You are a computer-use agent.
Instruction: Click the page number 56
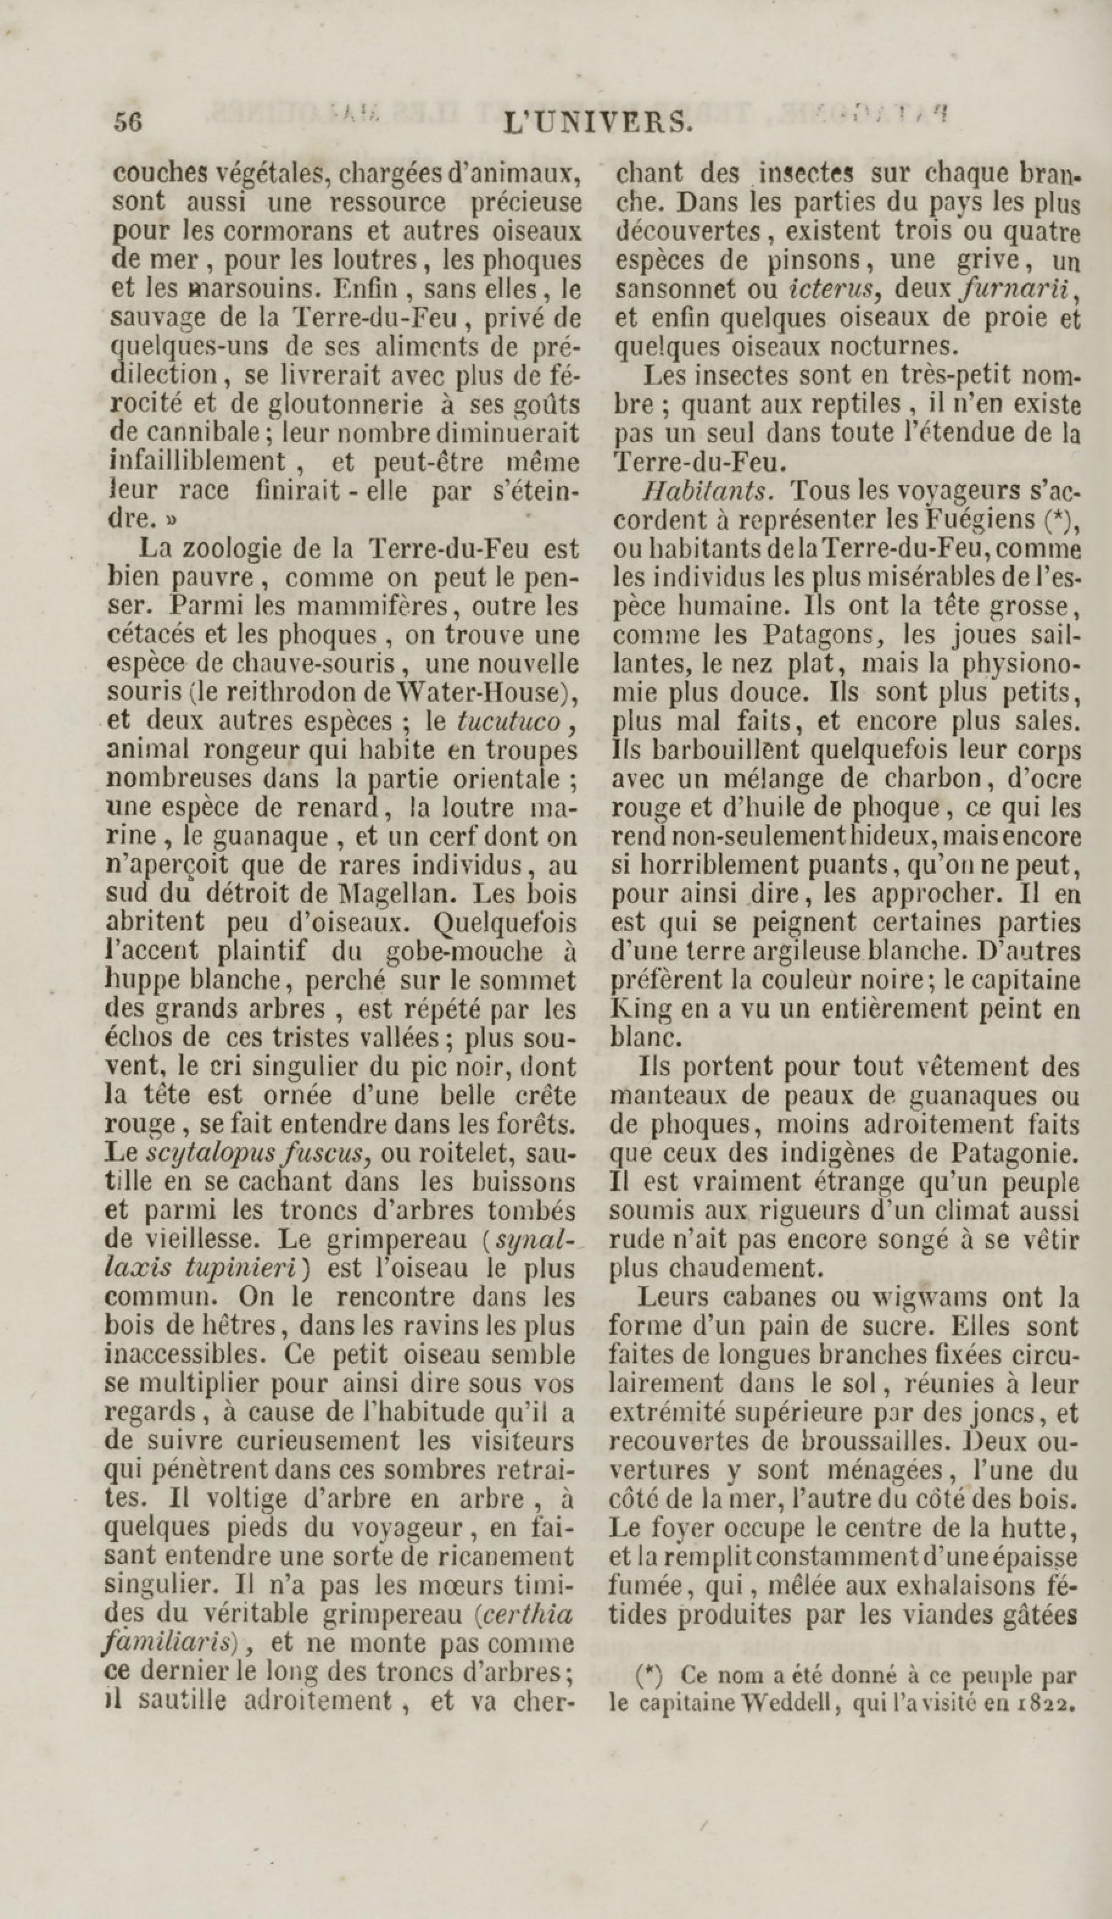click(x=129, y=122)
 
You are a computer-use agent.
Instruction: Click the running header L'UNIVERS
click(x=598, y=123)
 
